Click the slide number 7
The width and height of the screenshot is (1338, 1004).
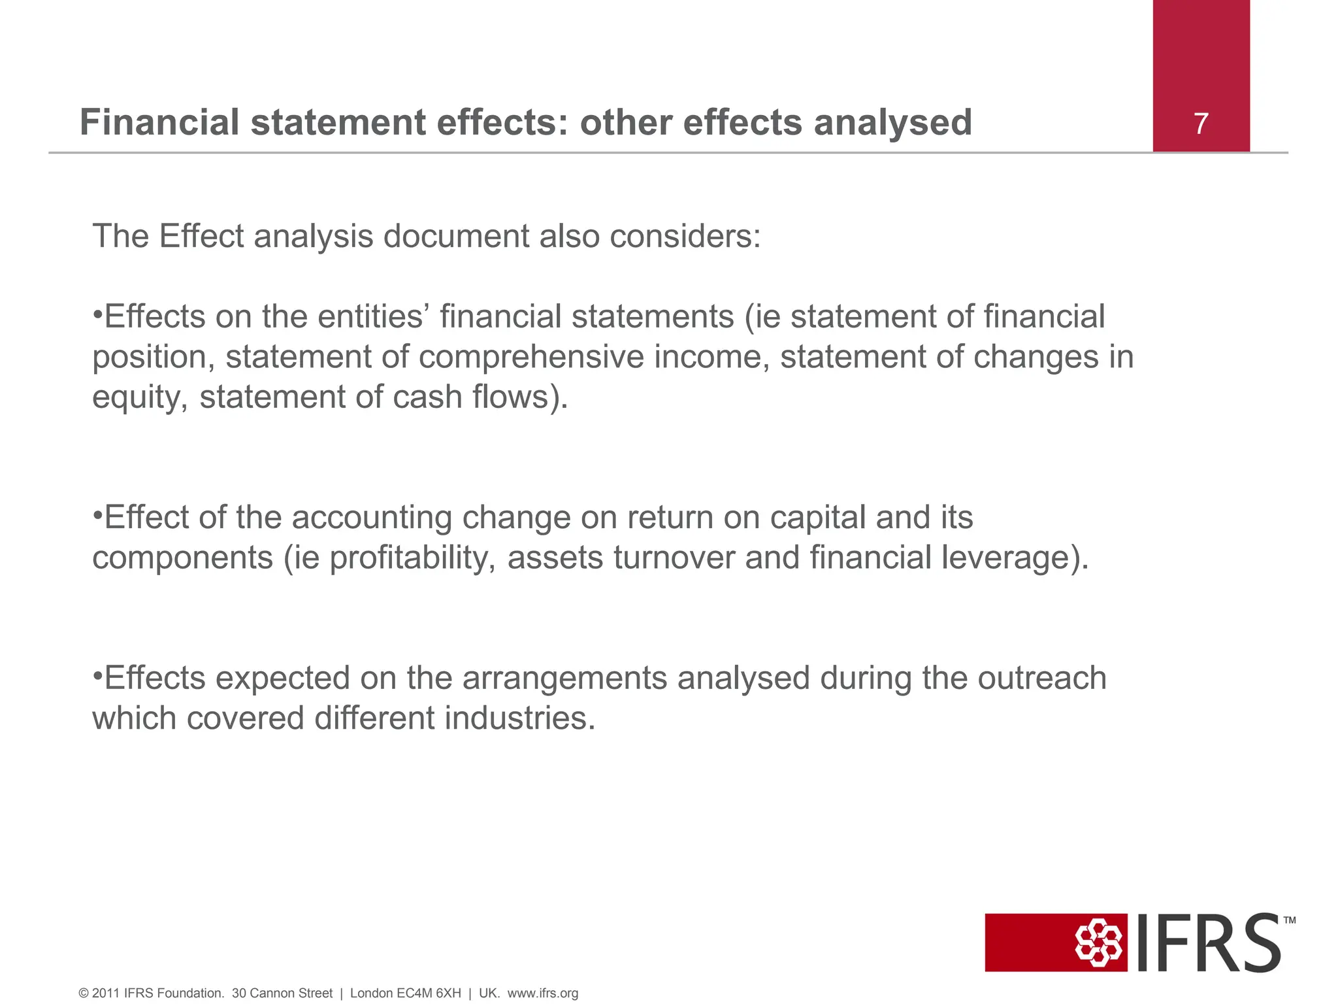(1201, 124)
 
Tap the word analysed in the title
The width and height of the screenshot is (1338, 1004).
(892, 124)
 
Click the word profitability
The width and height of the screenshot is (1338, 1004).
(412, 558)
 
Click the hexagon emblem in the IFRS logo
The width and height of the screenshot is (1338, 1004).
(1099, 943)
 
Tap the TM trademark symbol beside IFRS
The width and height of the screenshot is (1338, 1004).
(1289, 920)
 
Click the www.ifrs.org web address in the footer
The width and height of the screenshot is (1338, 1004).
(542, 994)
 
